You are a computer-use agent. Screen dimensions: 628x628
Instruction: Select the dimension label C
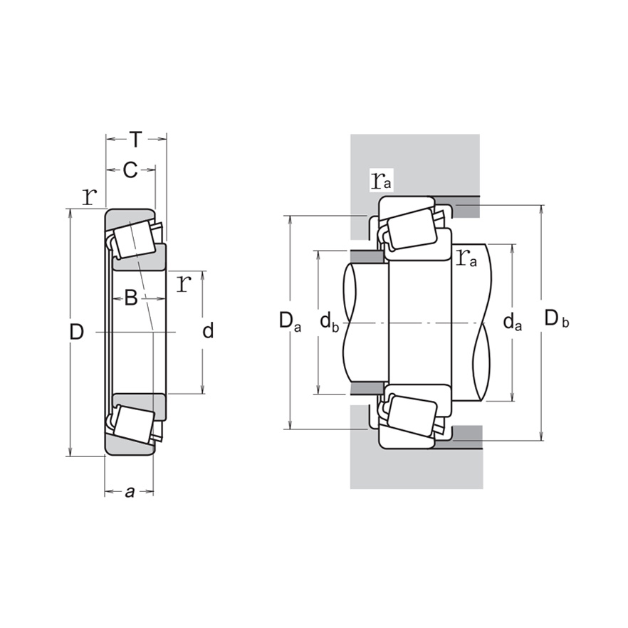coord(130,169)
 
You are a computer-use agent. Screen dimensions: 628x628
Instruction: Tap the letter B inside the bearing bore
coord(130,298)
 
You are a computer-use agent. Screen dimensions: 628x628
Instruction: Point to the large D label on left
coord(77,331)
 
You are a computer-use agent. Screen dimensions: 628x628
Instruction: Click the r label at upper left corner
coord(89,196)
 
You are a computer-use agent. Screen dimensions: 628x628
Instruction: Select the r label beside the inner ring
coord(184,283)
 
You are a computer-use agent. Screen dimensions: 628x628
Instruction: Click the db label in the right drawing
coord(328,323)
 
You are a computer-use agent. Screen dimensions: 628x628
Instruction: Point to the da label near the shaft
coord(512,323)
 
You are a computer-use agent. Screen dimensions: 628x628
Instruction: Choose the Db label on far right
coord(556,320)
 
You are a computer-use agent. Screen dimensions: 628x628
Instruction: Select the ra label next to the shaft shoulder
coord(466,258)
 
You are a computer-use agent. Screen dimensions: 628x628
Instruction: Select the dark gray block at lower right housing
coord(468,432)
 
